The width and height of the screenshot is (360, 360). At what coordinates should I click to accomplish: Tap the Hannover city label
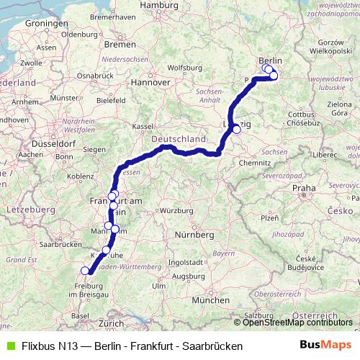(x=150, y=82)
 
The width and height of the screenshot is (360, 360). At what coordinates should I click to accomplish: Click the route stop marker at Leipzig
(x=236, y=130)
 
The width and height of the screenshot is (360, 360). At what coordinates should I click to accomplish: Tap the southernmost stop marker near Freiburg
(x=85, y=271)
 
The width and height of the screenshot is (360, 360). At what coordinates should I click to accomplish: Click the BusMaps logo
(x=325, y=346)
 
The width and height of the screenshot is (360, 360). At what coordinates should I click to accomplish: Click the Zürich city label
(x=112, y=324)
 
